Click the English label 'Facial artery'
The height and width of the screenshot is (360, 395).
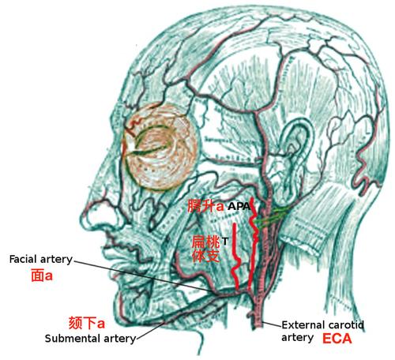pyautogui.click(x=41, y=260)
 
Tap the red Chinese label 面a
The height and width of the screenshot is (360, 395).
pyautogui.click(x=42, y=276)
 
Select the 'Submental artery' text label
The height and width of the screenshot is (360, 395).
pyautogui.click(x=90, y=339)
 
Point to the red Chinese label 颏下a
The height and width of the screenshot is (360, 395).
pyautogui.click(x=87, y=323)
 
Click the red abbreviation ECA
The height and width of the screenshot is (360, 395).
pyautogui.click(x=337, y=339)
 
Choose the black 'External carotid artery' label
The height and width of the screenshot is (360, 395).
pyautogui.click(x=322, y=331)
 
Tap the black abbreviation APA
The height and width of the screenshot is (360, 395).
pyautogui.click(x=239, y=206)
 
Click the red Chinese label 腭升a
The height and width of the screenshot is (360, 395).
pyautogui.click(x=205, y=206)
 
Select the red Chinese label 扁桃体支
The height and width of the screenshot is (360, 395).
pyautogui.click(x=205, y=249)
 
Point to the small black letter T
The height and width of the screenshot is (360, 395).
pyautogui.click(x=225, y=241)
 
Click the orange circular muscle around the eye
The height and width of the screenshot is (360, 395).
pyautogui.click(x=160, y=147)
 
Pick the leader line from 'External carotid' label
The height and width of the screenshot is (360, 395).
pyautogui.click(x=272, y=324)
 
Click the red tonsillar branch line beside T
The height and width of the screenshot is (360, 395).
pyautogui.click(x=236, y=256)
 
